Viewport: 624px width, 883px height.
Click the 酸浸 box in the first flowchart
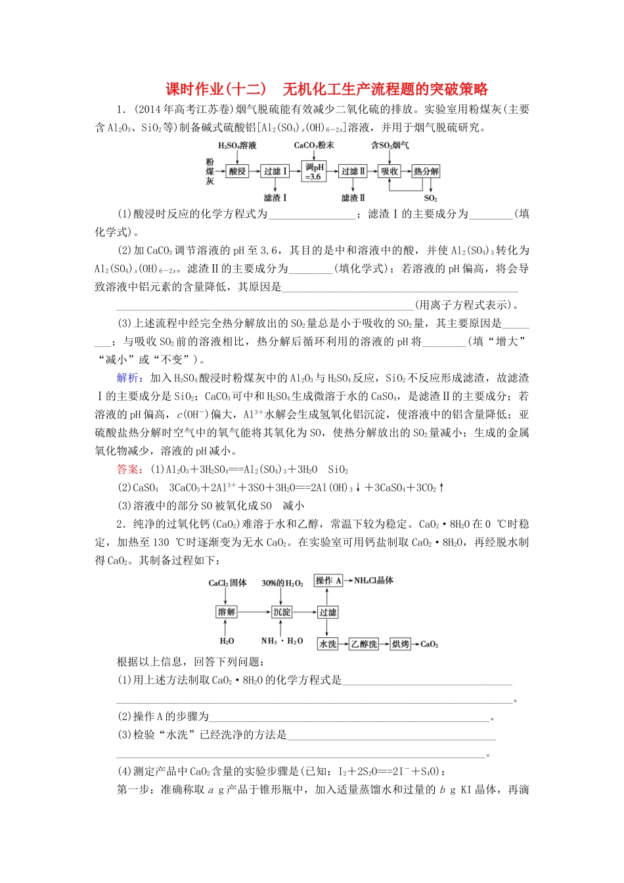coord(236,171)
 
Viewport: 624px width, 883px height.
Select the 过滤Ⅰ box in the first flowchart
coord(275,171)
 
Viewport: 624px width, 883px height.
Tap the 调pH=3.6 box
coord(314,171)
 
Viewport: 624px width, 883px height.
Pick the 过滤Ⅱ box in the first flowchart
coord(353,171)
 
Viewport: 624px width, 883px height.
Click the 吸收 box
coord(390,171)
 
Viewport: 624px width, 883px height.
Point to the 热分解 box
coord(426,171)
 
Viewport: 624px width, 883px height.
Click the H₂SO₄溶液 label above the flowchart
coord(237,145)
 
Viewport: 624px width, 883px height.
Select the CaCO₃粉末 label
coord(314,145)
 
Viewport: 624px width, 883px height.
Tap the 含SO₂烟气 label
coord(390,145)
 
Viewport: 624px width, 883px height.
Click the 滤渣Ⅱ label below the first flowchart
coord(353,198)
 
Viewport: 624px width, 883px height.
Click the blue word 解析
coord(128,378)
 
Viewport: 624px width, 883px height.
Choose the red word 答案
coord(128,469)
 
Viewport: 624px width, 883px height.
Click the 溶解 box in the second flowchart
coord(227,612)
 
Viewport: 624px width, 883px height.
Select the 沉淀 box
coord(282,612)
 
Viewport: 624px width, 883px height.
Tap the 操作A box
coord(328,581)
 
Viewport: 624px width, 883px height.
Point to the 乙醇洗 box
coord(364,644)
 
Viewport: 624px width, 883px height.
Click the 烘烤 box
coord(400,644)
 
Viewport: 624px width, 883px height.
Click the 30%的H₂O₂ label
coord(282,583)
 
